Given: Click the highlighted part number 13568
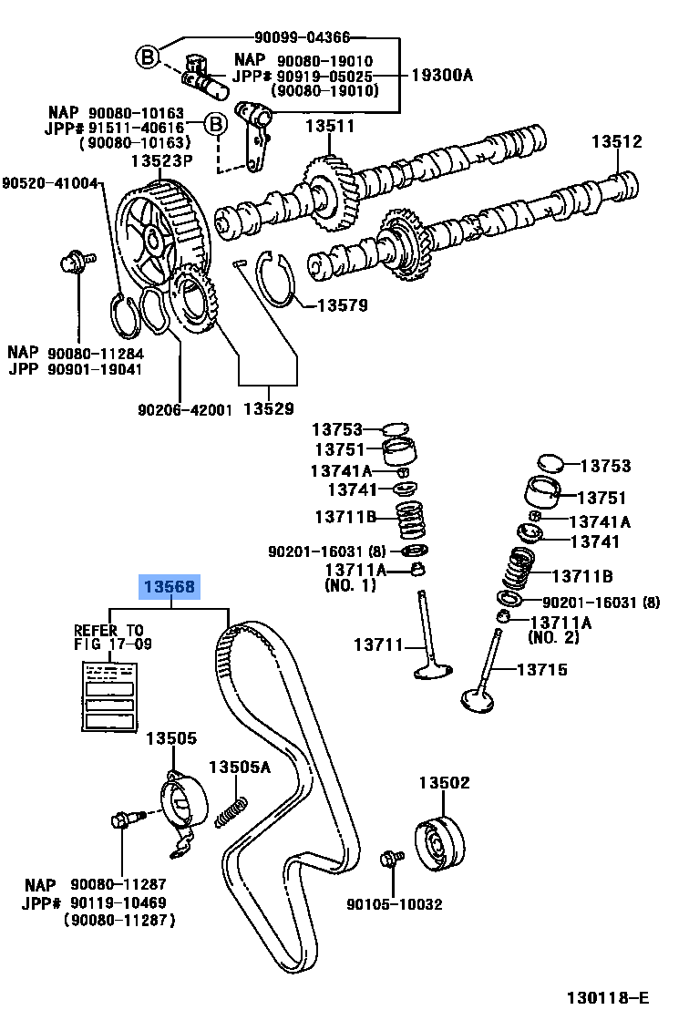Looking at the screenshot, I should click(x=168, y=587).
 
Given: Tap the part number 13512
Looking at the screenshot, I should click(x=616, y=142).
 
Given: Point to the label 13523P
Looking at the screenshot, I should click(x=161, y=161).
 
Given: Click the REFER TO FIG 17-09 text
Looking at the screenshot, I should click(x=112, y=637).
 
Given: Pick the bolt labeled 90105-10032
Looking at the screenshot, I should click(x=393, y=860).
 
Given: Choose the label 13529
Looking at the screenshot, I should click(x=268, y=408).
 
